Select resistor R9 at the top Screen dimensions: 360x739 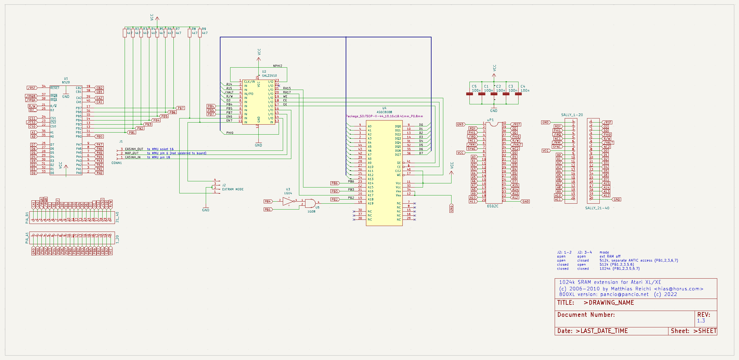200,33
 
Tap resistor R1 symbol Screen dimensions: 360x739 125,33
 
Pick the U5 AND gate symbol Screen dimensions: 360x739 310,203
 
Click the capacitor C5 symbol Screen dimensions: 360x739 469,94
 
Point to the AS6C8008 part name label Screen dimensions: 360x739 384,112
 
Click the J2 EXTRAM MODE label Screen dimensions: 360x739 233,189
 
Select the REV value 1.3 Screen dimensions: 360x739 701,321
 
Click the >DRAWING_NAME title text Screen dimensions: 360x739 608,303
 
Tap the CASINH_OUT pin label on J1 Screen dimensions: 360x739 134,149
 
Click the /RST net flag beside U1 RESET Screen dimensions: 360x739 32,88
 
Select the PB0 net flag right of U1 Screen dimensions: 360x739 99,137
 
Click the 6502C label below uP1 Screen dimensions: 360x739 493,206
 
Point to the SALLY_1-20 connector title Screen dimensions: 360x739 572,115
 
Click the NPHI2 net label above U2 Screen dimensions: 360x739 277,66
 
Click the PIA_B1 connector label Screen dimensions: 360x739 27,218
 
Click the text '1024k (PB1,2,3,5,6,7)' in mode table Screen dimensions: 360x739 619,269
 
